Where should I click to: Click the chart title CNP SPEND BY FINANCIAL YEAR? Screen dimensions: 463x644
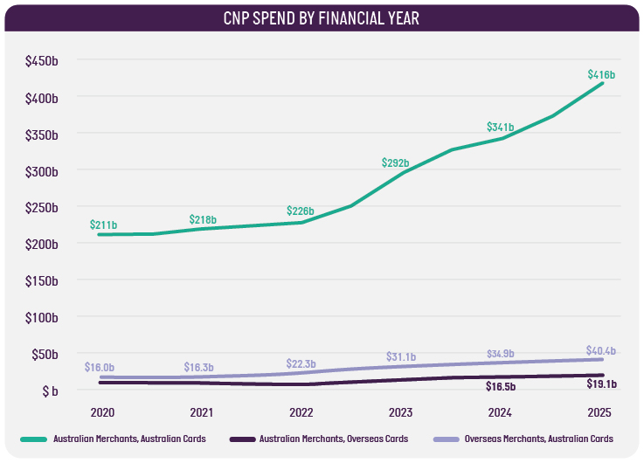click(322, 17)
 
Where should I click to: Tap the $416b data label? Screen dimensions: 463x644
click(599, 75)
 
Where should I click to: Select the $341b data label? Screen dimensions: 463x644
click(502, 128)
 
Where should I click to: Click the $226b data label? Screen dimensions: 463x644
click(301, 211)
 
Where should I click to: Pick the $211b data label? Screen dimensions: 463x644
click(103, 225)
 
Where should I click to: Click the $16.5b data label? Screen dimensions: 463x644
click(501, 385)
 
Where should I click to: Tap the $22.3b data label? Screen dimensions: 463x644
click(301, 363)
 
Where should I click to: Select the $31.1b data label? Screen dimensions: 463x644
click(401, 357)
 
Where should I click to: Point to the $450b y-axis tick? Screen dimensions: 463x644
click(41, 60)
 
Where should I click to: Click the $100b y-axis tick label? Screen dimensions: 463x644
click(41, 318)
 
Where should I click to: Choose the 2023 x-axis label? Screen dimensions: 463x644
click(400, 411)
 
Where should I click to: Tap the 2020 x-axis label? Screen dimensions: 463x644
click(102, 411)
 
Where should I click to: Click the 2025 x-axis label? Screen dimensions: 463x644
click(599, 411)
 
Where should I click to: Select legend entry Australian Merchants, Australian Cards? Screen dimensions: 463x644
click(128, 439)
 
